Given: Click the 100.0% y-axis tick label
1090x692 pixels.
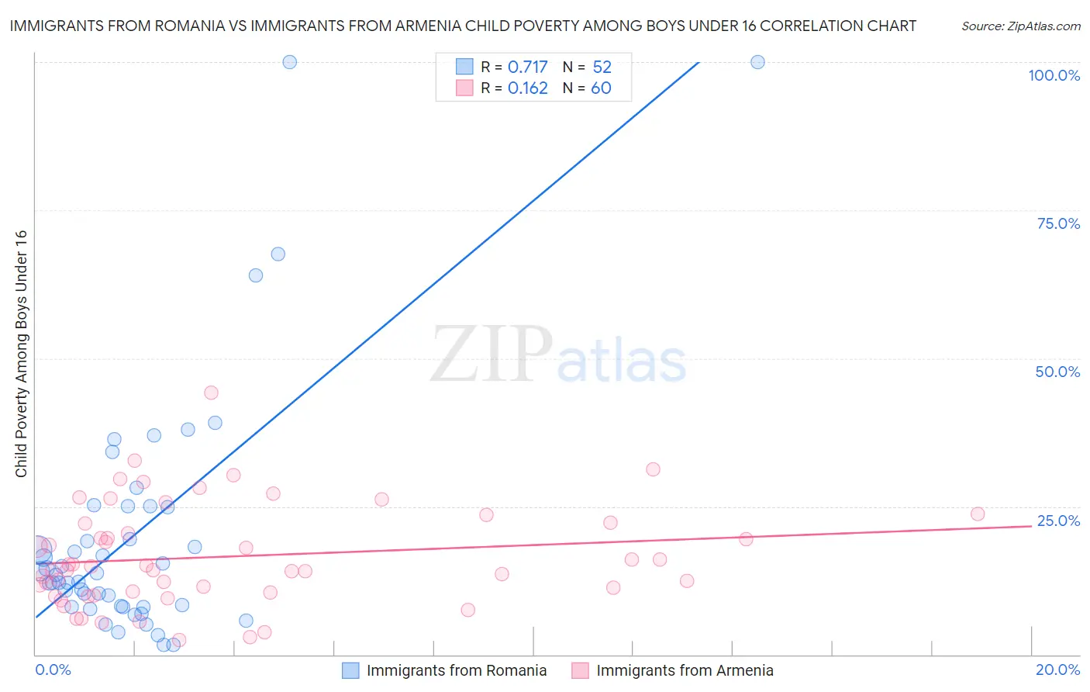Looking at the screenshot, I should tap(1054, 75).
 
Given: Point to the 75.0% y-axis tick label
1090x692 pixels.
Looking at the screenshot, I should tap(1058, 223).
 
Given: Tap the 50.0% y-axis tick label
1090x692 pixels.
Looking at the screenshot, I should tap(1057, 372).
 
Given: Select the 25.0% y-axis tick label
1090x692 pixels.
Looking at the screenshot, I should tap(1058, 521).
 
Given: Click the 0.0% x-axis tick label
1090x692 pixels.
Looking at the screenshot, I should tap(53, 670).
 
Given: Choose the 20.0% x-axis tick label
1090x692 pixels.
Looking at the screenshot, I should tap(1057, 670).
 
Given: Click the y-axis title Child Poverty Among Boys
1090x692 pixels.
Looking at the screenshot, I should tap(21, 354).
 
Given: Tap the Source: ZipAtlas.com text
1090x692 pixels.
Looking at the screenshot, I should tap(1020, 26).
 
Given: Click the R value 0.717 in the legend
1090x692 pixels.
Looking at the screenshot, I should tap(527, 67).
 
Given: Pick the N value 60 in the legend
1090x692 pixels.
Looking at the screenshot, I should tap(601, 88).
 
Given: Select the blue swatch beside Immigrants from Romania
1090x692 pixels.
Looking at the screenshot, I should tap(350, 670).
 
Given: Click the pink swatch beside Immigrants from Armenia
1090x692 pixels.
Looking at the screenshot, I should tap(580, 670).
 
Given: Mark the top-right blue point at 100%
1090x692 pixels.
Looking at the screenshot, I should tap(757, 62).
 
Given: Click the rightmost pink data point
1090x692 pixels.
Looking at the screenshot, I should tap(978, 514).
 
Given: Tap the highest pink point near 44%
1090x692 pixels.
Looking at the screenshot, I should tap(211, 393).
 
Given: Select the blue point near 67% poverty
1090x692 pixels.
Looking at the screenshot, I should tap(278, 254).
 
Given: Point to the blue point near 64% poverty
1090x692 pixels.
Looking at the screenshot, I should tap(255, 275).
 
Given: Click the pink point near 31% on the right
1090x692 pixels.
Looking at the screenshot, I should tap(653, 469).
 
